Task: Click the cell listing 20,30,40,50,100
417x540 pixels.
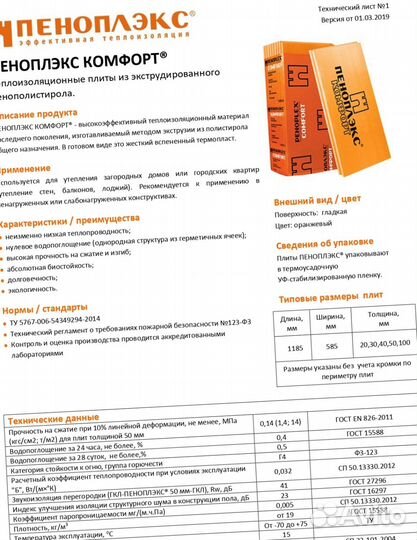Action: (387, 347)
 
